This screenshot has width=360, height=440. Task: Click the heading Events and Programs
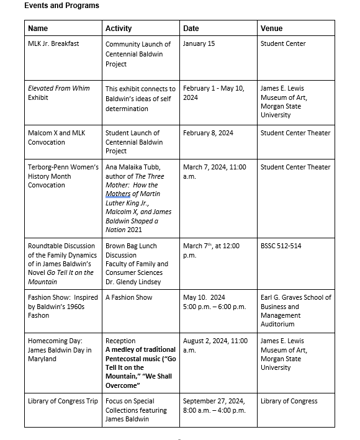(x=61, y=6)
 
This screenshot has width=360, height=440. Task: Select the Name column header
(x=38, y=29)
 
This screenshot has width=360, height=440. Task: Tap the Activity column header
(x=119, y=29)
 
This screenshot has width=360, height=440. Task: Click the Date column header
(x=191, y=29)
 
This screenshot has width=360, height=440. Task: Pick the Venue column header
(x=271, y=29)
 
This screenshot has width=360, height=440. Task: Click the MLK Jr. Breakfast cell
(x=53, y=44)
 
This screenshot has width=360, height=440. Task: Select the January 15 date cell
(x=200, y=44)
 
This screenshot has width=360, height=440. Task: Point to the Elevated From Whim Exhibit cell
(x=59, y=93)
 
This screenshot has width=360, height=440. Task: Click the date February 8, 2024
(x=208, y=133)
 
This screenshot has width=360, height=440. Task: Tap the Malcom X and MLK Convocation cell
(x=57, y=138)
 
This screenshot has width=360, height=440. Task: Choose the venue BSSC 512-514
(x=281, y=246)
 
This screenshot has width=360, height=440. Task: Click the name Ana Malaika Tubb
(x=133, y=167)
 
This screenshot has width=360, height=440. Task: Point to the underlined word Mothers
(x=119, y=194)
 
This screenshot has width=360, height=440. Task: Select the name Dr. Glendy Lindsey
(x=131, y=282)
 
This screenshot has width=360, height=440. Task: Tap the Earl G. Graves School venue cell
(x=295, y=310)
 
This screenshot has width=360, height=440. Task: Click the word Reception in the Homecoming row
(x=120, y=341)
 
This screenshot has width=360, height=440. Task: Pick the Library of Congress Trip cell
(x=63, y=402)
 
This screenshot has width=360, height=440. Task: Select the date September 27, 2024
(x=214, y=402)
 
